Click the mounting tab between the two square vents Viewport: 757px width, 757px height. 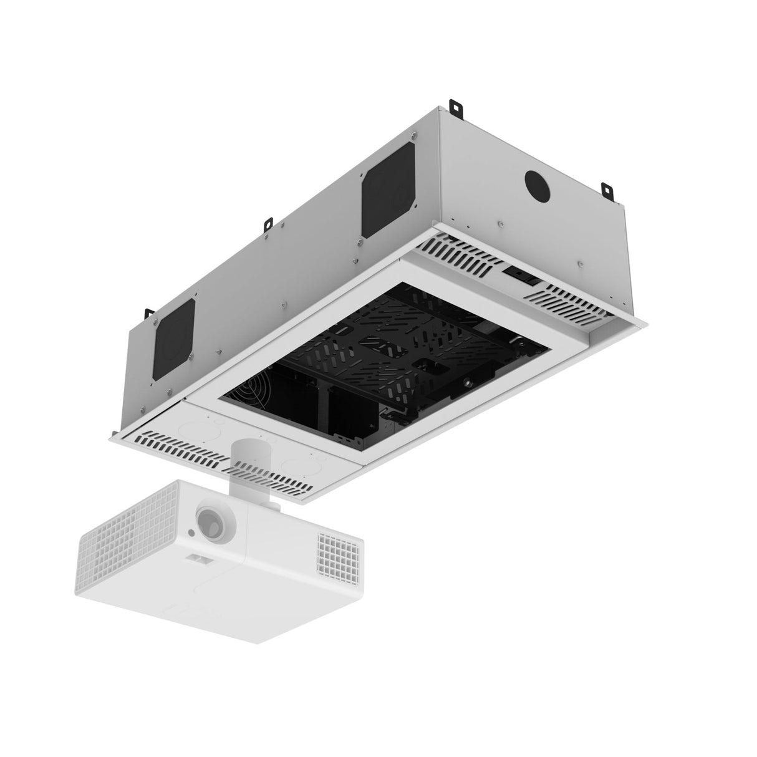coord(268,221)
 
